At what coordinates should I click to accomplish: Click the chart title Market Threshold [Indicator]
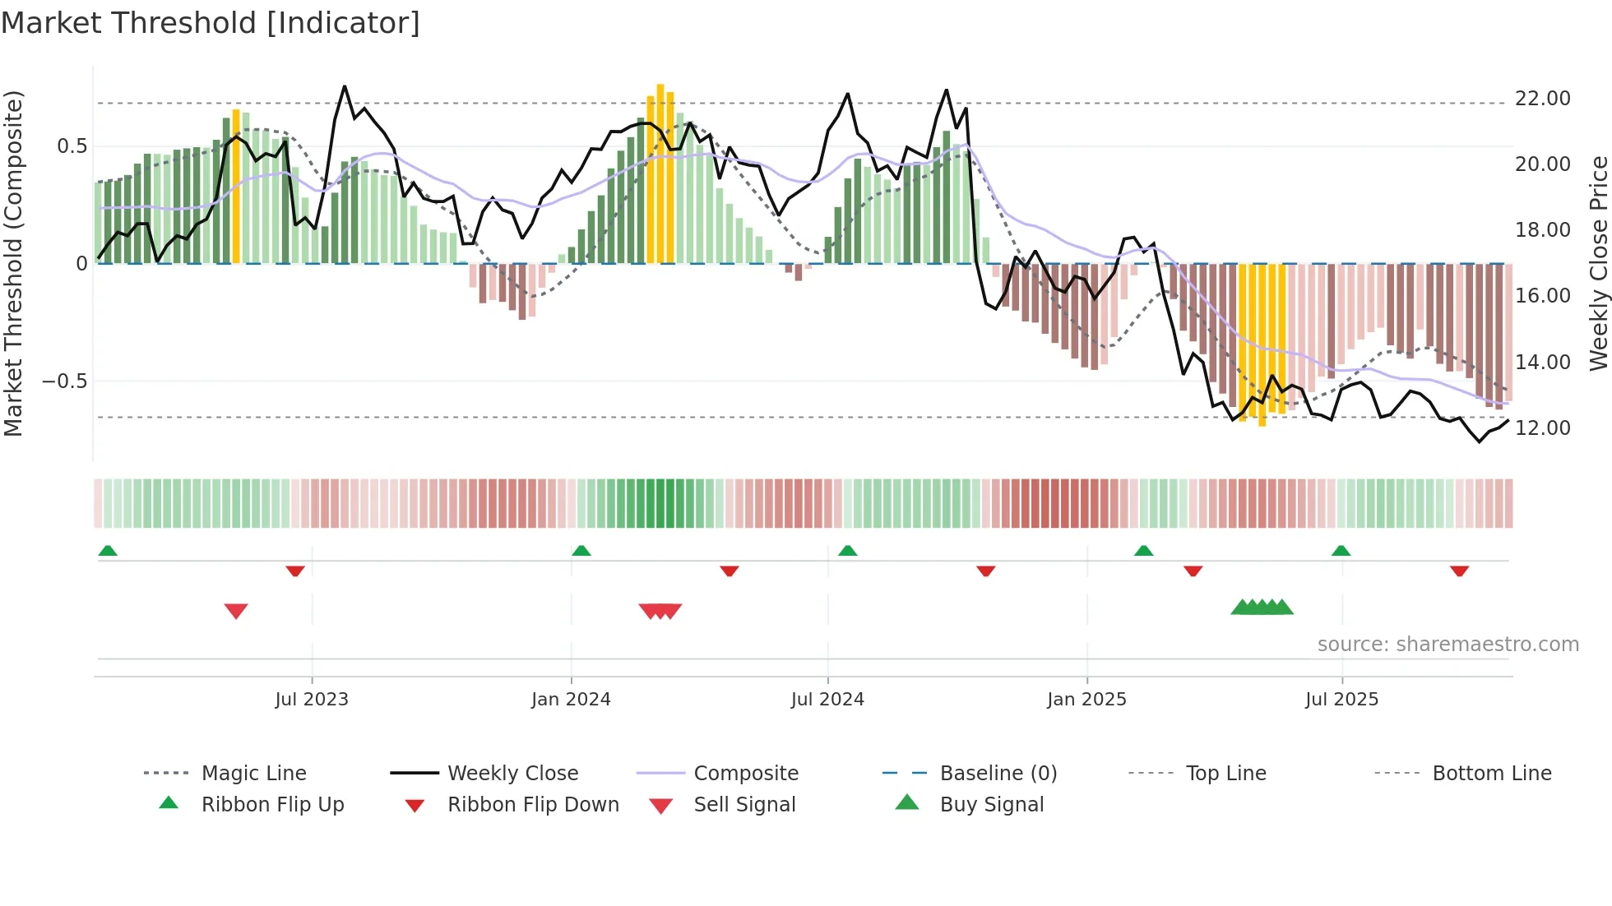[211, 23]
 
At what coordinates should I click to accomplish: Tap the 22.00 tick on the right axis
[1542, 99]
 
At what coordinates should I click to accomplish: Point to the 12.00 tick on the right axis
[1542, 428]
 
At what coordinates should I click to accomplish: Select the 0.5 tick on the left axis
[72, 146]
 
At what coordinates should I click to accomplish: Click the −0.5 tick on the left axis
[64, 381]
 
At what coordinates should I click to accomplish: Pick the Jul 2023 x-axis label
[312, 700]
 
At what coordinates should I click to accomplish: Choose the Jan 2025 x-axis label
[1086, 700]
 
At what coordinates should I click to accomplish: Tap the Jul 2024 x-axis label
[827, 700]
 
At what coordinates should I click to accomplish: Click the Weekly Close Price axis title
[1598, 263]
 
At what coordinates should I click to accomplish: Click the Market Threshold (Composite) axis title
[13, 263]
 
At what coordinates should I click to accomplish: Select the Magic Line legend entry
[253, 774]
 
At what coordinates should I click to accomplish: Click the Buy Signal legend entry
[991, 805]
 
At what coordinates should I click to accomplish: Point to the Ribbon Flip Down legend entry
[533, 805]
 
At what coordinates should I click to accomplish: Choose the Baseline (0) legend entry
[998, 774]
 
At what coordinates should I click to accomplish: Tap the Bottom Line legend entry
[1491, 774]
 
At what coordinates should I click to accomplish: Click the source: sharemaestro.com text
[1448, 645]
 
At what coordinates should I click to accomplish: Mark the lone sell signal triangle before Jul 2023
[236, 611]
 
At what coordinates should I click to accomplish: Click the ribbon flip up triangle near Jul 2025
[1341, 551]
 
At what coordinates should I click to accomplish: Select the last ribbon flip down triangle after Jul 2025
[1459, 571]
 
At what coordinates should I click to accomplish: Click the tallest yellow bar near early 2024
[660, 173]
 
